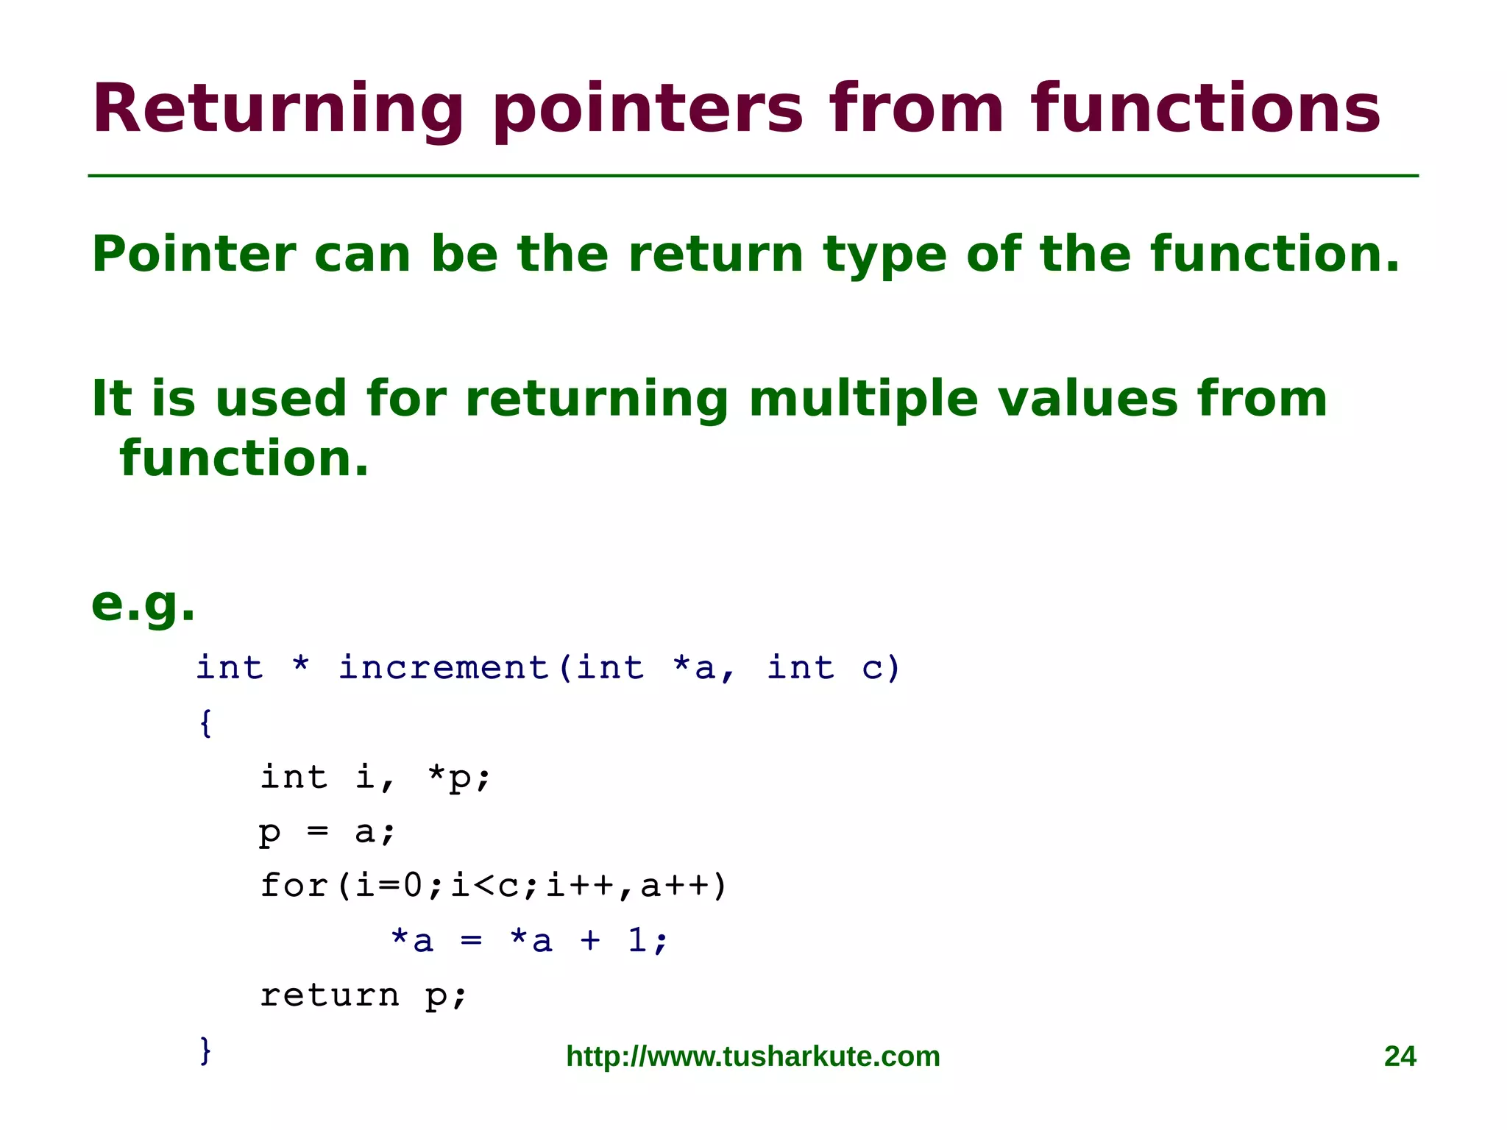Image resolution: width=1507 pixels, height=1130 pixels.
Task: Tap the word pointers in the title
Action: coord(648,110)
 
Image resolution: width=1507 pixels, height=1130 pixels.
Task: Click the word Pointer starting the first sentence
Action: coord(194,255)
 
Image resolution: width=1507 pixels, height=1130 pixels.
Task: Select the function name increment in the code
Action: coord(444,668)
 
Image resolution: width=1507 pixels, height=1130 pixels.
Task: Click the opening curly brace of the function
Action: coord(206,722)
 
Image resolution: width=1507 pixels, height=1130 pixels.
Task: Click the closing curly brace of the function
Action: coord(206,1049)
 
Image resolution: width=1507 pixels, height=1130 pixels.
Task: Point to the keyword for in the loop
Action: coord(294,885)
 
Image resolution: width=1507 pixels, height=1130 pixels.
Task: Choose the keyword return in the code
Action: coord(330,995)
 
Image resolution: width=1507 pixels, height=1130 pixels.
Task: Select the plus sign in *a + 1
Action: coord(590,941)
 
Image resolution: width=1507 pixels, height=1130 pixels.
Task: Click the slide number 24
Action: coord(1400,1056)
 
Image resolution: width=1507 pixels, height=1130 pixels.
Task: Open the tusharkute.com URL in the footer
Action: coord(753,1056)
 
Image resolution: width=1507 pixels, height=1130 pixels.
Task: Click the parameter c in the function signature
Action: coord(873,668)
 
